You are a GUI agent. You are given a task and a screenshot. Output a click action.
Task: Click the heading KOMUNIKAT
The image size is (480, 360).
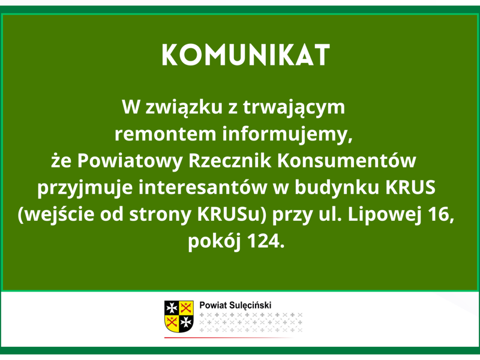point(247,55)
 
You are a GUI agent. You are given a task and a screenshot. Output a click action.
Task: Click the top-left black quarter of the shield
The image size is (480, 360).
point(172,307)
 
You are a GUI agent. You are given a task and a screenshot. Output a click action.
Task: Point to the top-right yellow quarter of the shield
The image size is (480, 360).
point(187,307)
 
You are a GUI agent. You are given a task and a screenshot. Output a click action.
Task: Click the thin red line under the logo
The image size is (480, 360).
point(228,338)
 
